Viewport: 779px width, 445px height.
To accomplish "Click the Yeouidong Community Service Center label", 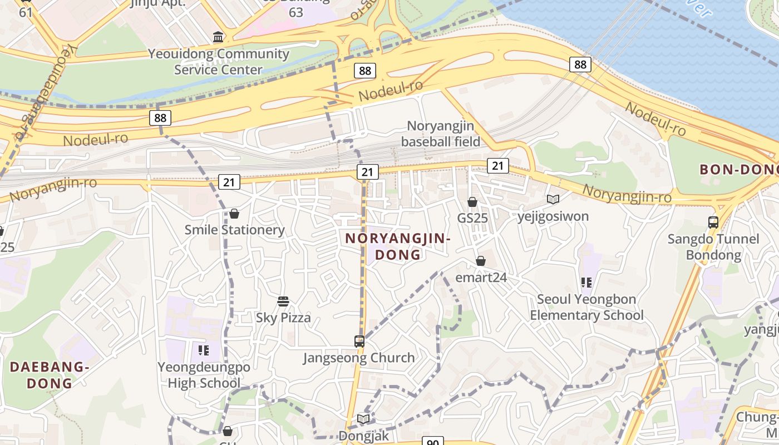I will pos(218,62).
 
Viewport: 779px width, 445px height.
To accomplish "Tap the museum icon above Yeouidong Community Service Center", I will pos(219,37).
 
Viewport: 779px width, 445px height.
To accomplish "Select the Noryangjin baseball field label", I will pos(440,133).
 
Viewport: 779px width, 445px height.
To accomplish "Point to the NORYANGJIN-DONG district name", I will pos(398,246).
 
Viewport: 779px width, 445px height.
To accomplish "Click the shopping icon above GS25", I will pos(472,202).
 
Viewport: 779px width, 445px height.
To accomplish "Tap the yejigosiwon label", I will pos(553,216).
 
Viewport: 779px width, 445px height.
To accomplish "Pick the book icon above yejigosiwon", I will pos(553,199).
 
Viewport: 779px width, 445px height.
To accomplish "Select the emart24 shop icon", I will pos(481,261).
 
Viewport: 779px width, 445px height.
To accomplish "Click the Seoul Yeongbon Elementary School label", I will pos(586,307).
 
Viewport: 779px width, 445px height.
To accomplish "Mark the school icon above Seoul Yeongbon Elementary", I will pos(586,283).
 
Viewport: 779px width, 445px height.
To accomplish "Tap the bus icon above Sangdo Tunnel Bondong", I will pos(713,222).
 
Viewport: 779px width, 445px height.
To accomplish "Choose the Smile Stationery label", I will pos(234,230).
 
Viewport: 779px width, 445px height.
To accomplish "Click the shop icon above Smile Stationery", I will pos(234,214).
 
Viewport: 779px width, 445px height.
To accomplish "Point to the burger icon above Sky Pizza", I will pos(283,301).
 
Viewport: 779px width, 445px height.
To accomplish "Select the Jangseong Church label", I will pos(359,358).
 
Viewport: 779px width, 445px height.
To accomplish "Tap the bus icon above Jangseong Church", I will pos(359,341).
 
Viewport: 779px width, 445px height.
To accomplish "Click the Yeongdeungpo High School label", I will pos(204,375).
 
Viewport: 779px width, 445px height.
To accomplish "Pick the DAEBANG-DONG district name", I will pos(50,375).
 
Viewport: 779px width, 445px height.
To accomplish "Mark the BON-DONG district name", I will pos(738,170).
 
